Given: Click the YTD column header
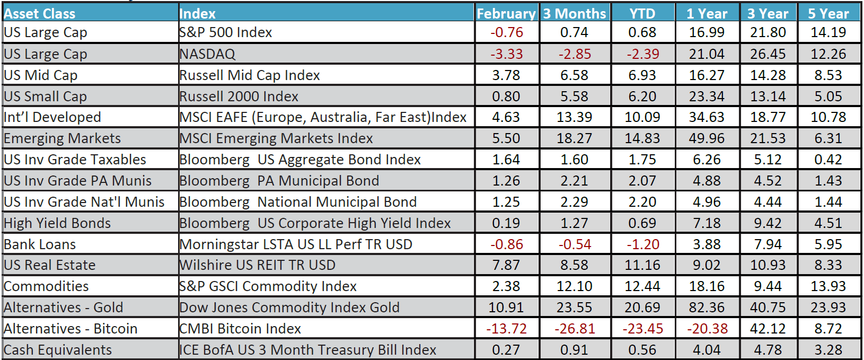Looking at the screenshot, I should (x=642, y=13).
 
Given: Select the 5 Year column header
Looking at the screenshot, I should (x=828, y=13).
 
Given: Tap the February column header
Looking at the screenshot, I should (x=506, y=13).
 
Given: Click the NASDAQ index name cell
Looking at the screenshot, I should (x=207, y=54).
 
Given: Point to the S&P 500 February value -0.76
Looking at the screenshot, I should (x=506, y=32).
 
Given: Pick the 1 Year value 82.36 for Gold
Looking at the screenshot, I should (x=707, y=308).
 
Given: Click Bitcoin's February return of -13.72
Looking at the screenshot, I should (x=506, y=329).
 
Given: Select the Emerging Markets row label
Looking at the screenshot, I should (x=62, y=138).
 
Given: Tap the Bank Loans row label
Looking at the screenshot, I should (x=40, y=244).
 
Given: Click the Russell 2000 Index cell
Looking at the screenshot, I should (x=239, y=96).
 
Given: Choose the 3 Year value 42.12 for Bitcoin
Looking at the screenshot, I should (x=768, y=329).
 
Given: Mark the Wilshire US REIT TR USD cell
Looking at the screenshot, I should (x=257, y=265).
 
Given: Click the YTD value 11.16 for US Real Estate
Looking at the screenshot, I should (x=642, y=265).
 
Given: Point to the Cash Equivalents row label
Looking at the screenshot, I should (x=58, y=350).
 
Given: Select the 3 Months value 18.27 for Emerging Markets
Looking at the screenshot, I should (x=574, y=138).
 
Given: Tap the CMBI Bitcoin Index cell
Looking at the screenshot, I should (x=240, y=329).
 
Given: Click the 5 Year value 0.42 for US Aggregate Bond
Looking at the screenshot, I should (x=828, y=160).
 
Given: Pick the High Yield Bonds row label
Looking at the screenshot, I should (x=57, y=223).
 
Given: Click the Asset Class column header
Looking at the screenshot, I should (x=40, y=13).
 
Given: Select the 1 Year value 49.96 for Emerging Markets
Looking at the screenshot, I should (x=707, y=138).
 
